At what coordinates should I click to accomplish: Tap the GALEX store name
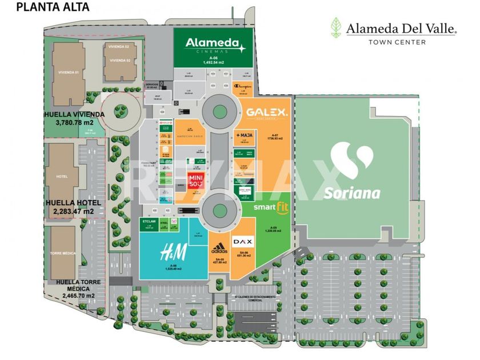pos(267,113)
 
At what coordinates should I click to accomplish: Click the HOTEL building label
pos(62,177)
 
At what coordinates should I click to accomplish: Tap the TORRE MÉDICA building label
pos(62,253)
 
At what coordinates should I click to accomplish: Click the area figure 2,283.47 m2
pos(71,211)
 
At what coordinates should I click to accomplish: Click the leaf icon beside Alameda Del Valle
pos(337,27)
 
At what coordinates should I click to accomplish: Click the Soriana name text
pos(352,193)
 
